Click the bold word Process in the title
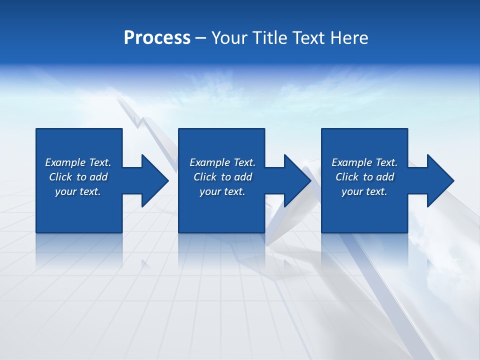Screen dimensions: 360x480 [157, 38]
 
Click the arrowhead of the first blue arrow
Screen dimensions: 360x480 [154, 180]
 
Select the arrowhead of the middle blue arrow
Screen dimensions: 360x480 [296, 180]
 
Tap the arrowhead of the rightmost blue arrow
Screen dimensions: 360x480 [439, 180]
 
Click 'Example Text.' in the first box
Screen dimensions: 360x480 [78, 162]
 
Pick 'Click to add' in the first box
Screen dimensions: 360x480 [78, 177]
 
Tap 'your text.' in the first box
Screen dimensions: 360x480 [78, 191]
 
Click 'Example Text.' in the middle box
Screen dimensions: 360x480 [222, 162]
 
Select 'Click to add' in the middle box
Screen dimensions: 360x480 [222, 177]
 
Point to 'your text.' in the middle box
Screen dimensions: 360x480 [222, 191]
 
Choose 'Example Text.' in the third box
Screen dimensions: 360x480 [364, 162]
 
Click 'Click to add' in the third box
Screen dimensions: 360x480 [364, 177]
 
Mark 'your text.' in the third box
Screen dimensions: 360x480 [364, 191]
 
